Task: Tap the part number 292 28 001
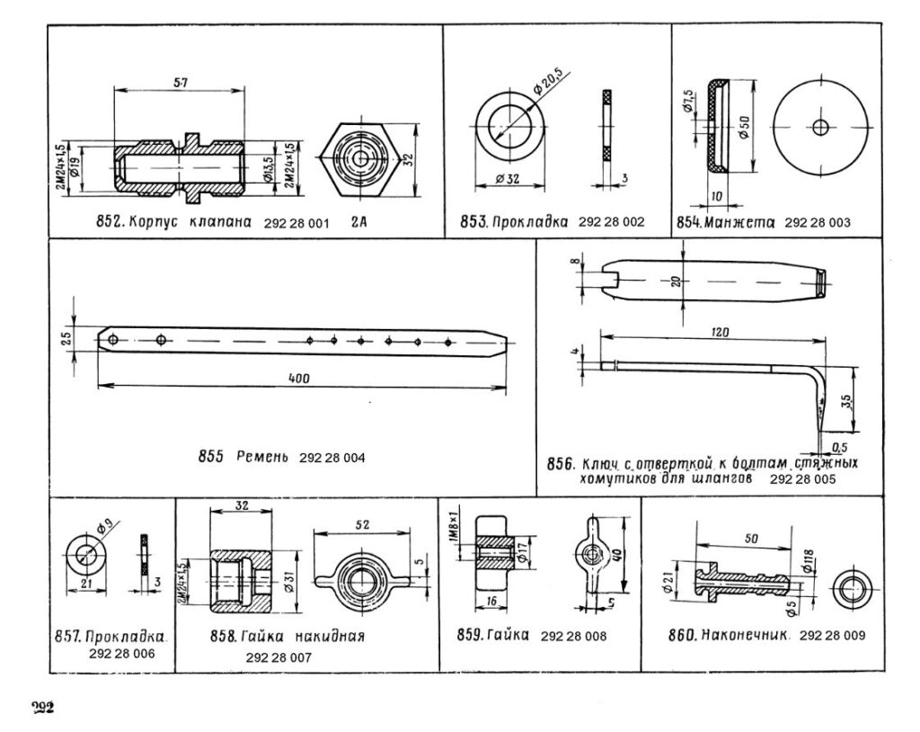pyautogui.click(x=296, y=221)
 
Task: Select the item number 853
pyautogui.click(x=473, y=221)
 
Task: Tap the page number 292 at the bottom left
pyautogui.click(x=41, y=706)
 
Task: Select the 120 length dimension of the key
pyautogui.click(x=718, y=332)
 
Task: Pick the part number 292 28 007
pyautogui.click(x=278, y=657)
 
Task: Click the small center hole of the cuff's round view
pyautogui.click(x=819, y=127)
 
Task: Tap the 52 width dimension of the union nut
pyautogui.click(x=361, y=523)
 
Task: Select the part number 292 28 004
pyautogui.click(x=332, y=457)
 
